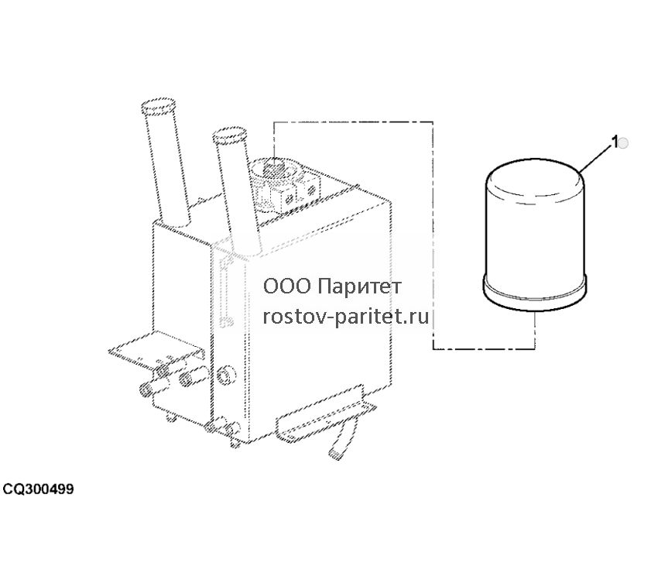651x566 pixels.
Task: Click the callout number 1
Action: pyautogui.click(x=615, y=142)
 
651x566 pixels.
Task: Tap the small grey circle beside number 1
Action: pyautogui.click(x=623, y=143)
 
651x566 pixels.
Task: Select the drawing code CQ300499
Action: pyautogui.click(x=38, y=489)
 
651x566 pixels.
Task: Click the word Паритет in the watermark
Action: pyautogui.click(x=358, y=286)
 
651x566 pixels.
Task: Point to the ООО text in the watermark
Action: pyautogui.click(x=286, y=286)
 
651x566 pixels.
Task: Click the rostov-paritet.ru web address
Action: pyautogui.click(x=346, y=317)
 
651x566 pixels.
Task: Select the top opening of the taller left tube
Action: pyautogui.click(x=158, y=106)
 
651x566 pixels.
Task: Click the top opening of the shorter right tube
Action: pyautogui.click(x=229, y=135)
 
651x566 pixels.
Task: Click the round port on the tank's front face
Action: pyautogui.click(x=225, y=376)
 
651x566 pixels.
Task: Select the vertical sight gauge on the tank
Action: pyautogui.click(x=225, y=290)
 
